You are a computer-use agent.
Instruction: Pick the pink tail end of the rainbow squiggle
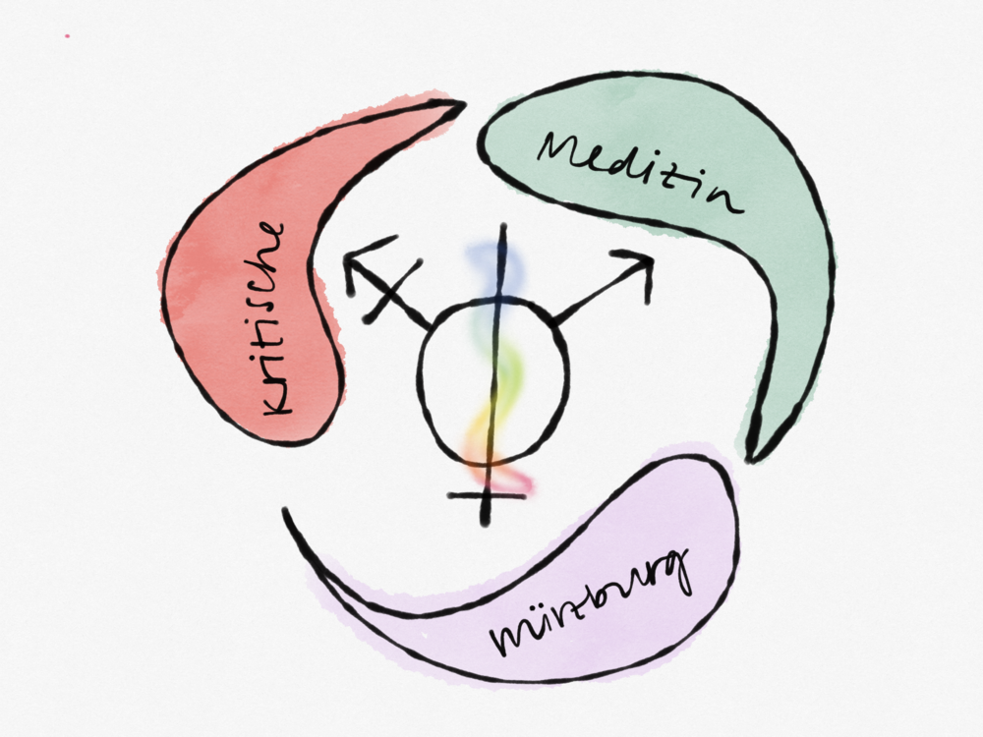point(527,484)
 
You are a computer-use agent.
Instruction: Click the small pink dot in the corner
point(67,36)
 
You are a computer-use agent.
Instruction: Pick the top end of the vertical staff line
point(503,228)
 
